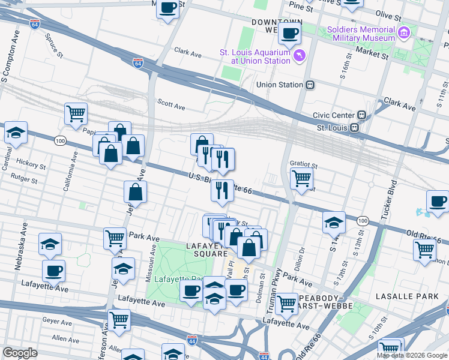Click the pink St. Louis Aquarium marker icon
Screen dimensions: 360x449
coord(300,56)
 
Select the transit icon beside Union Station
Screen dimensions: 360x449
coord(310,85)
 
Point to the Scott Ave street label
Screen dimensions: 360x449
coord(171,104)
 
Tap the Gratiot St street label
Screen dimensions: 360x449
coord(303,163)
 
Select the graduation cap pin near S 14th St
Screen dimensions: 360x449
coord(334,223)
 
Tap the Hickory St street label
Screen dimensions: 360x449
coord(31,164)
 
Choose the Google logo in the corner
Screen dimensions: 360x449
coord(20,352)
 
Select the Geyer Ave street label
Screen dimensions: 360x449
coord(57,321)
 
